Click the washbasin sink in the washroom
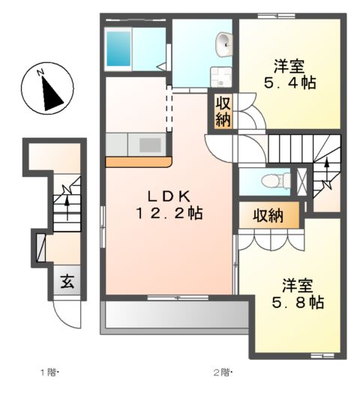point(224,45)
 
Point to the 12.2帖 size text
point(169,214)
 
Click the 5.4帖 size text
point(287,82)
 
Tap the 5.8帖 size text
point(296,303)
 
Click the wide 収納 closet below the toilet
point(268,216)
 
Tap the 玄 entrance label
point(67,283)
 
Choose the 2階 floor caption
point(222,373)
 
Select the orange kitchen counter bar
point(139,161)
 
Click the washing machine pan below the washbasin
point(221,76)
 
